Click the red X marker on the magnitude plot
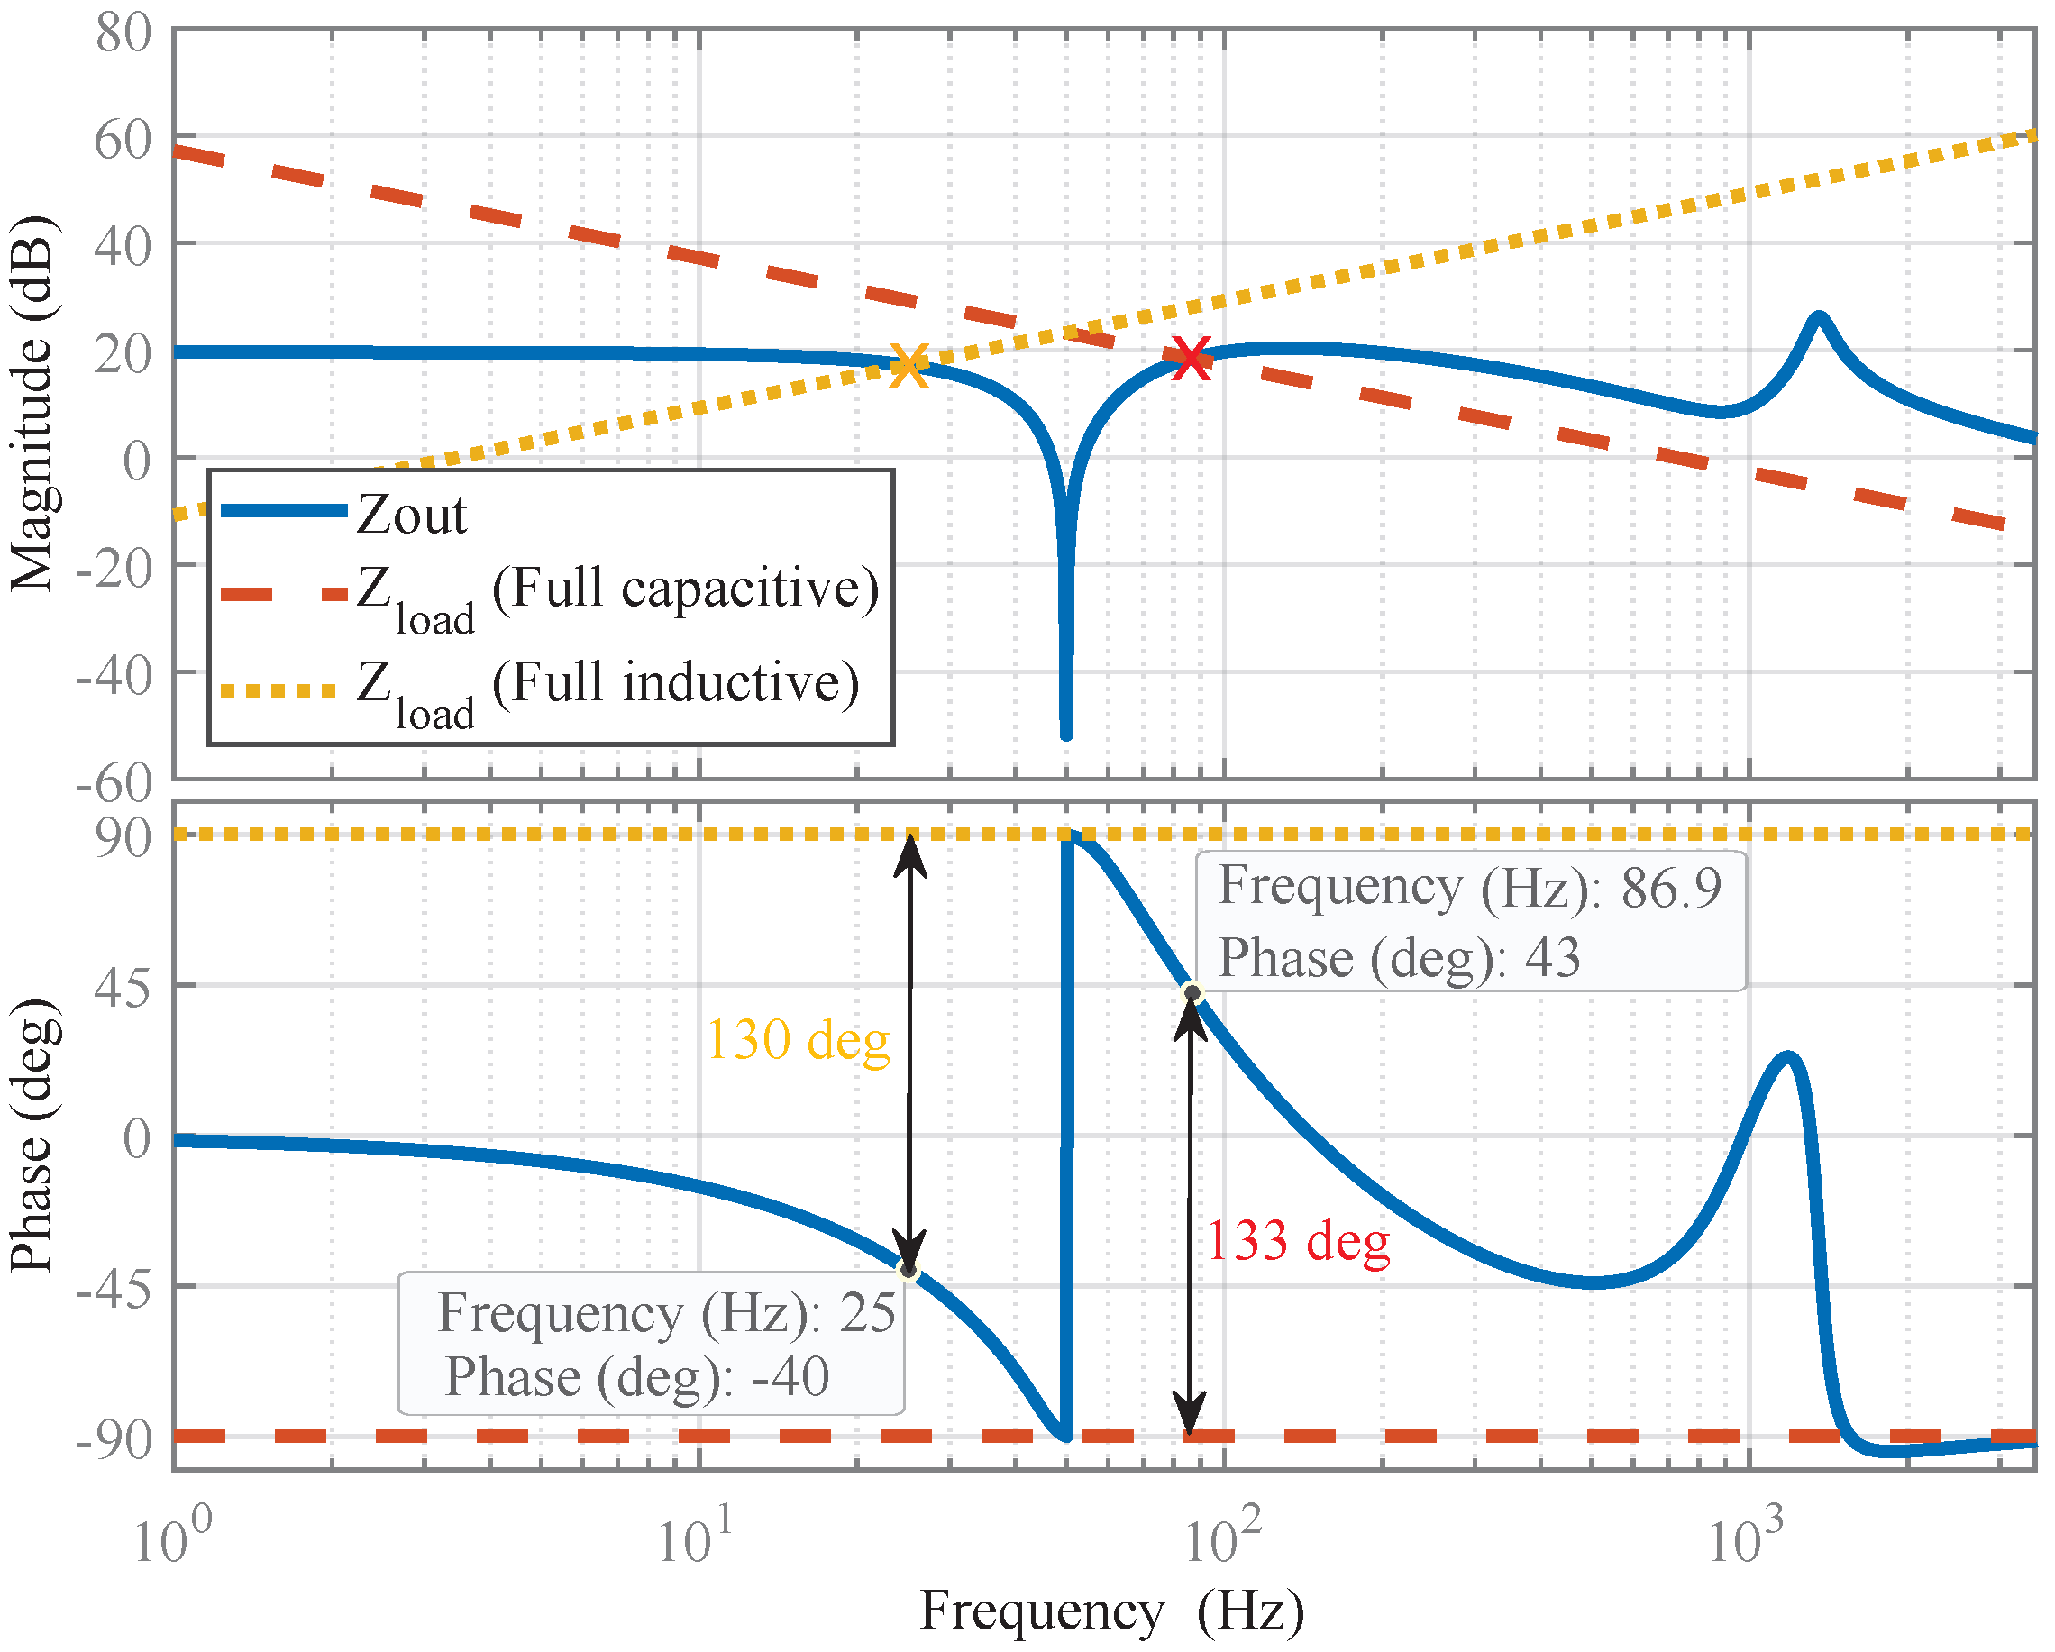tap(1192, 360)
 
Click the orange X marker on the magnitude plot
tap(909, 365)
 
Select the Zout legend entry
tap(412, 516)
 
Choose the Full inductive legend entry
tap(607, 685)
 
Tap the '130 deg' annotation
tap(799, 1040)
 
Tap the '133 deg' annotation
tap(1298, 1242)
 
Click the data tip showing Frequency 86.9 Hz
tap(1470, 922)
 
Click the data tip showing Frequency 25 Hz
tap(651, 1345)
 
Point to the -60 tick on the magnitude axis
tap(114, 783)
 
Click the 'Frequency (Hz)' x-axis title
tap(1111, 1611)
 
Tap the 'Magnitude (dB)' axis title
tap(32, 406)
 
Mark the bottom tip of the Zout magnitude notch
tap(1066, 735)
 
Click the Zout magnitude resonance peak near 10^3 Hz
tap(1819, 316)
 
